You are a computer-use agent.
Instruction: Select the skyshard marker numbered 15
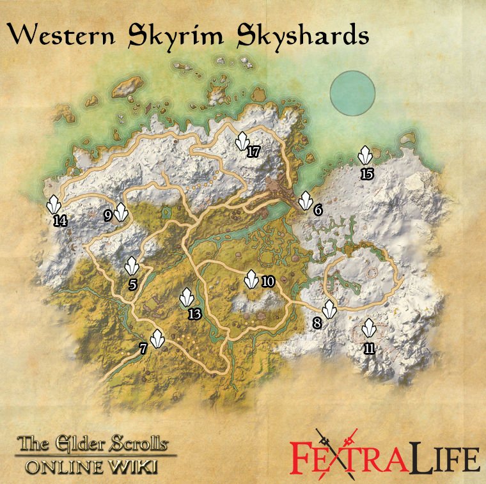click(x=365, y=156)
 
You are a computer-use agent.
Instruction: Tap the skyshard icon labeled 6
click(x=305, y=200)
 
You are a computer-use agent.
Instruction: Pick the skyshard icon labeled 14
click(x=54, y=205)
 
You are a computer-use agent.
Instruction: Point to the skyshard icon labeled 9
click(x=121, y=210)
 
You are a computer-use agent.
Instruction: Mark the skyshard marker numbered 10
click(x=252, y=278)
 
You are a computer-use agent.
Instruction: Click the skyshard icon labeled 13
click(x=187, y=297)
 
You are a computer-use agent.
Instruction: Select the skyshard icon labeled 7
click(x=157, y=337)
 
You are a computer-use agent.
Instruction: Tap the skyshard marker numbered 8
click(x=329, y=309)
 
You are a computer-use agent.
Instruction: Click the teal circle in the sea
click(x=352, y=91)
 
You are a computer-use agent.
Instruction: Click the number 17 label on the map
click(x=254, y=152)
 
